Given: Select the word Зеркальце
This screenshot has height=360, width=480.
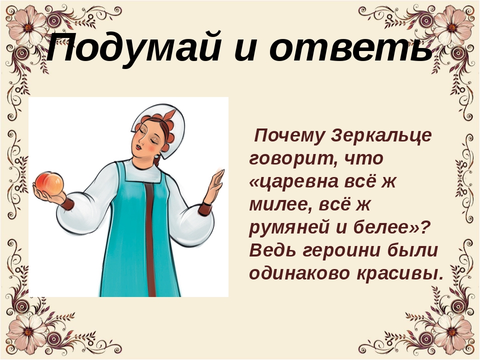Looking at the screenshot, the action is tap(381, 135).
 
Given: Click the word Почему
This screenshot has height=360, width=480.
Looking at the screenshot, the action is tap(289, 136).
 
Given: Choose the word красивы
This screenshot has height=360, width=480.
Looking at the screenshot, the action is tap(400, 273).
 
